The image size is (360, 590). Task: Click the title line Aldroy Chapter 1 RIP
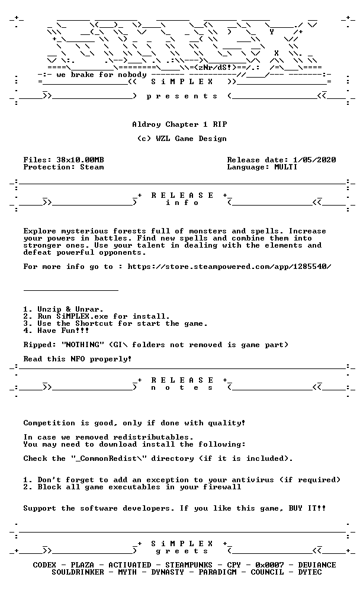coord(179,124)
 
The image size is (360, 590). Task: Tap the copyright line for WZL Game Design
coord(182,139)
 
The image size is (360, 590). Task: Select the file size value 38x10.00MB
coord(80,160)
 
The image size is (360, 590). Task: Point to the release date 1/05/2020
coord(314,160)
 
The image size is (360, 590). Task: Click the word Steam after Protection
coord(92,167)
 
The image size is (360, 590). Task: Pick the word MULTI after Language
coord(285,167)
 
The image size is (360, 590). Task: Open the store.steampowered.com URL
coord(230,267)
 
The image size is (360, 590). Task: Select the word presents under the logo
coord(182,97)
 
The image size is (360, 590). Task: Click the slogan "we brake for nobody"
coord(102,75)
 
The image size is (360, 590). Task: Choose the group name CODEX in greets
coord(44,565)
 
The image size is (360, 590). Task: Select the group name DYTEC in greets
coord(310,572)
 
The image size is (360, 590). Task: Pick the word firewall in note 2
coord(222,487)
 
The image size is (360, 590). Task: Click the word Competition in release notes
coord(49,423)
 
